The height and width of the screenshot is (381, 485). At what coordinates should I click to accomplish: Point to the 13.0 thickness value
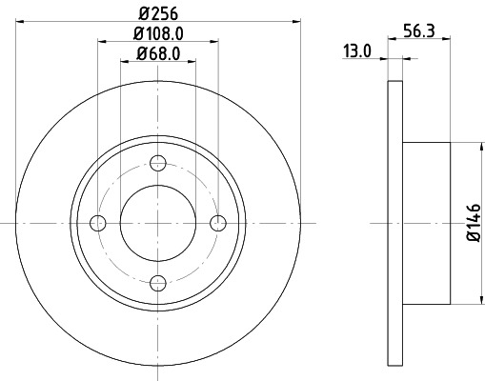point(357,52)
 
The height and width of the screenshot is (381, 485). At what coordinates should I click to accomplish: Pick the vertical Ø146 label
point(471,224)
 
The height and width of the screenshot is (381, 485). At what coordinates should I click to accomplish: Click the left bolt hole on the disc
point(97,223)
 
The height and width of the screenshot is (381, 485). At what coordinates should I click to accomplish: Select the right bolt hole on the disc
point(218,223)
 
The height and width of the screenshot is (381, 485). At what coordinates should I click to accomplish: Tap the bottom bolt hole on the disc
point(158,282)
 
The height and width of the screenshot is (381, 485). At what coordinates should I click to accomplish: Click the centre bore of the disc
point(158,223)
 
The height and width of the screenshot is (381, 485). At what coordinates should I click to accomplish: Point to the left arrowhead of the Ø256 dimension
point(21,20)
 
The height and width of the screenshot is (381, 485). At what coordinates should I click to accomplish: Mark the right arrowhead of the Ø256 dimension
point(295,20)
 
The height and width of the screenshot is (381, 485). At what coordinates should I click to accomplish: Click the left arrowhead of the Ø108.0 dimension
point(101,40)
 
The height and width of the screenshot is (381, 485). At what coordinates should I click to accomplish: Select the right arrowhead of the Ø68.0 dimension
point(192,61)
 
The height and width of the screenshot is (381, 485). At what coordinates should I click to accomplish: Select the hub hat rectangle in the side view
point(425,223)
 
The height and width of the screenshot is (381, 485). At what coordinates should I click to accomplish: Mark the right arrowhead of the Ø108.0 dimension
point(215,40)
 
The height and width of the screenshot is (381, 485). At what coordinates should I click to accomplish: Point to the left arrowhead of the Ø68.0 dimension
point(125,61)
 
